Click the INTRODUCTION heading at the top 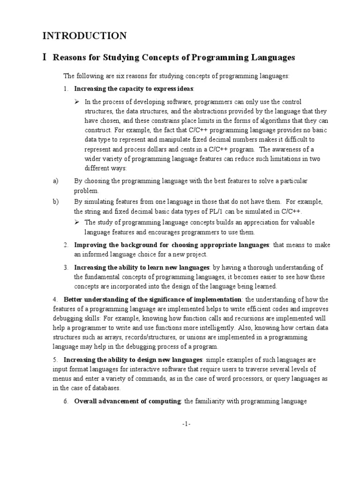pos(84,36)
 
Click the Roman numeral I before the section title pos(45,58)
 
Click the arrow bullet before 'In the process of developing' pos(78,102)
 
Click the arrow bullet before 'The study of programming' pos(78,222)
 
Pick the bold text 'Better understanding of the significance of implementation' pos(152,300)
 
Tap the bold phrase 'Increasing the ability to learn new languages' pos(142,268)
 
